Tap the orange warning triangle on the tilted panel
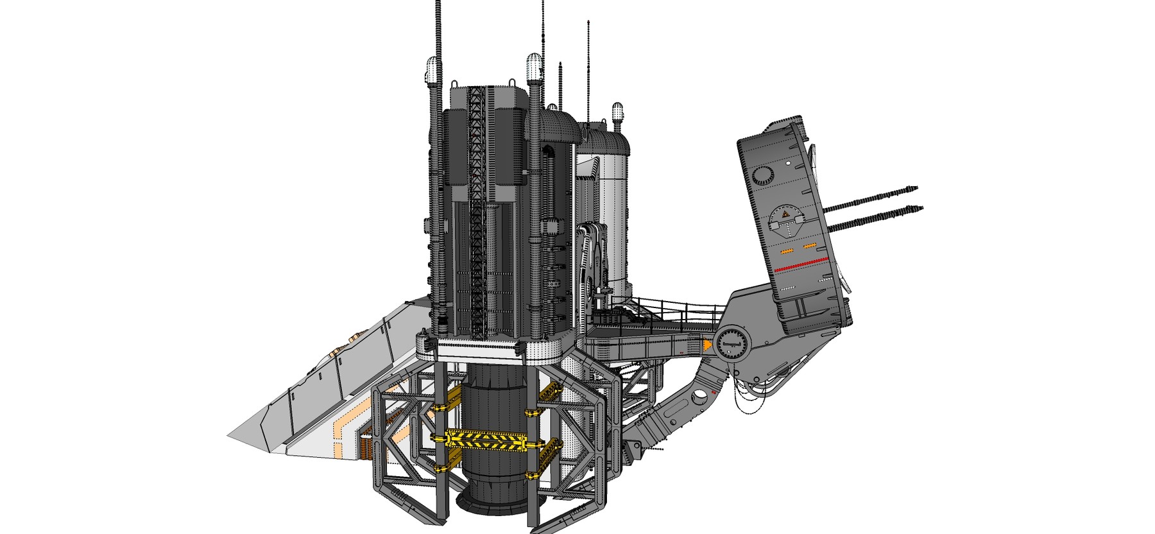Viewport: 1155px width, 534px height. pyautogui.click(x=783, y=214)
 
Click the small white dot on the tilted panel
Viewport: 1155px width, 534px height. pyautogui.click(x=787, y=164)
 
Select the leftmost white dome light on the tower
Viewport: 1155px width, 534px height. pyautogui.click(x=432, y=67)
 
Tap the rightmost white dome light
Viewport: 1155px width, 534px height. pyautogui.click(x=617, y=110)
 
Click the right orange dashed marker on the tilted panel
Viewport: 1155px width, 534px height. pyautogui.click(x=809, y=246)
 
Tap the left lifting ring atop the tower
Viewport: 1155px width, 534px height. pyautogui.click(x=455, y=83)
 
